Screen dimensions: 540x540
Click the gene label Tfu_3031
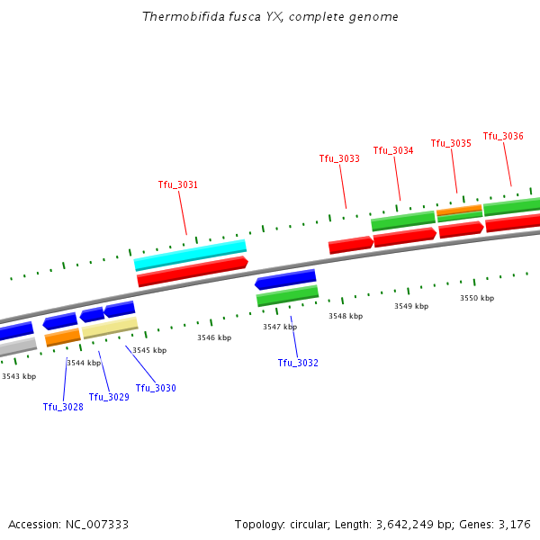(177, 184)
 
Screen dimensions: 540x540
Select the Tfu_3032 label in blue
(297, 363)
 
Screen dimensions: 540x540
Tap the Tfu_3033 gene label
(339, 158)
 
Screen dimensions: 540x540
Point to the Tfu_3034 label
(393, 150)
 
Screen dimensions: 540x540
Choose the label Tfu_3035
(451, 143)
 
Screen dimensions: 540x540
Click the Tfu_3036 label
(503, 136)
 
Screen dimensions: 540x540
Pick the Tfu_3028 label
(63, 407)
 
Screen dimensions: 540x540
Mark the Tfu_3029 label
(109, 397)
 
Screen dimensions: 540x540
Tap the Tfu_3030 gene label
(156, 388)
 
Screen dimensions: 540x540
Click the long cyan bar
(190, 254)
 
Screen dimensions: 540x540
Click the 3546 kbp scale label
(214, 337)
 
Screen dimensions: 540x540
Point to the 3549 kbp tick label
(410, 306)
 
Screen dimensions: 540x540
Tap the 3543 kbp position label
(19, 376)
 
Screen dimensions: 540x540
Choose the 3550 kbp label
(477, 297)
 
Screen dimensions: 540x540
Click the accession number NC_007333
(98, 524)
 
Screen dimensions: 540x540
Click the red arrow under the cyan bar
(192, 271)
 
